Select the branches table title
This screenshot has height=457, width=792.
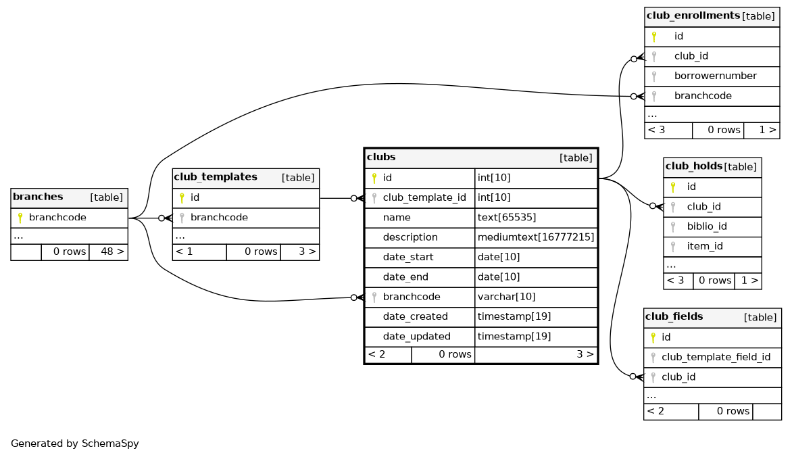(38, 197)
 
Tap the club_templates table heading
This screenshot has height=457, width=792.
(216, 177)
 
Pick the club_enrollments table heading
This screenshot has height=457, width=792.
(693, 16)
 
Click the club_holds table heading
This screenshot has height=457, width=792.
(693, 166)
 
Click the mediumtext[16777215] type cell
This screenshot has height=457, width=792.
(535, 238)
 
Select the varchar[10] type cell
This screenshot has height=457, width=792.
(506, 297)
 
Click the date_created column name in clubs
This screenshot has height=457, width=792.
(415, 316)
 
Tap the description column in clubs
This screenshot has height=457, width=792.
(410, 238)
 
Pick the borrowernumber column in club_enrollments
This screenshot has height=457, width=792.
(715, 76)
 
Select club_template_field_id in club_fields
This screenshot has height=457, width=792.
(716, 357)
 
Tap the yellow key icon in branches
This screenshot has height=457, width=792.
(20, 218)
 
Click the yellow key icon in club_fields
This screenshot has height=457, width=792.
(653, 337)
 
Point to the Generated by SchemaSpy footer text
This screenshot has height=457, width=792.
(75, 444)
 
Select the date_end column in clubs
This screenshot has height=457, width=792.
(407, 277)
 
